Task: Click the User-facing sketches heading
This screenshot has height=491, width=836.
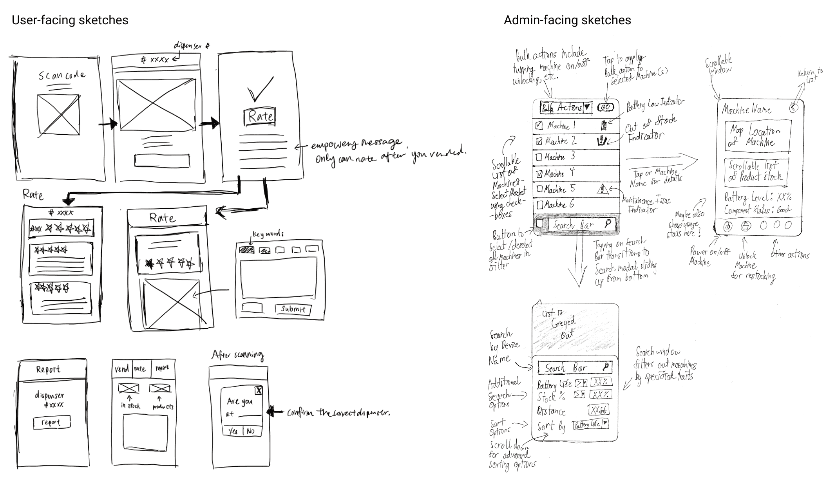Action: pos(70,20)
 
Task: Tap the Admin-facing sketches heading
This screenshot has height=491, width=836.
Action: pos(567,20)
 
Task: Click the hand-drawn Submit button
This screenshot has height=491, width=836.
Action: pos(293,309)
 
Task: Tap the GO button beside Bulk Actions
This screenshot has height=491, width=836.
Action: pos(605,107)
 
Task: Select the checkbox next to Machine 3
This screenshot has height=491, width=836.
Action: pos(539,157)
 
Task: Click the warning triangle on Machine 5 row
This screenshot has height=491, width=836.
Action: pos(602,190)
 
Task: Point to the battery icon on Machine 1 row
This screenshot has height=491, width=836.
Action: pos(604,125)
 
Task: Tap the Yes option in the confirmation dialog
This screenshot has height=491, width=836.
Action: pos(233,431)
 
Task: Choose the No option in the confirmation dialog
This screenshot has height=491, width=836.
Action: pos(251,431)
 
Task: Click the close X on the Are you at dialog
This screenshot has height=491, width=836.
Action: pos(259,390)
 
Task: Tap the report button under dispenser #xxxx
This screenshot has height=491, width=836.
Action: pos(51,422)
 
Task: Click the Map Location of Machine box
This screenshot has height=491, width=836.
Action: pos(758,136)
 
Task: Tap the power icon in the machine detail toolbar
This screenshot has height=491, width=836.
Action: pos(727,226)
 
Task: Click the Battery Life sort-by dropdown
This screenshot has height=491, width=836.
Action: pos(590,424)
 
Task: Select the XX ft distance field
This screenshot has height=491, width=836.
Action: pos(599,410)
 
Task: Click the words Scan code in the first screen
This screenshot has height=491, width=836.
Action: pos(62,75)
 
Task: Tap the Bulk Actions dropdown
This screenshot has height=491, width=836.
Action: pos(566,108)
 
